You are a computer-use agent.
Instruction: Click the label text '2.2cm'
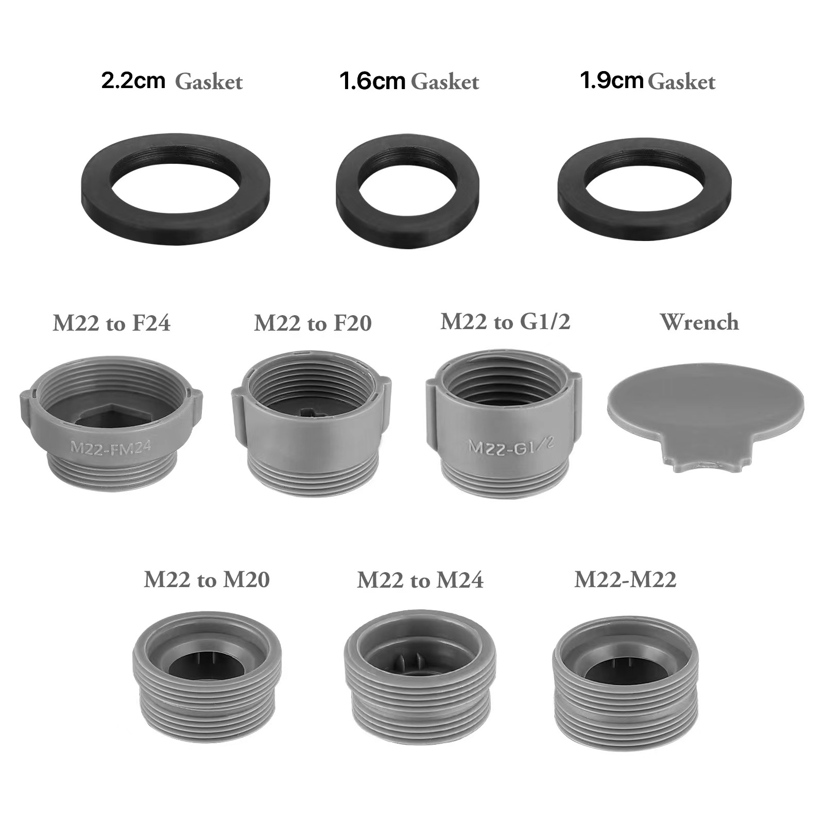tap(133, 81)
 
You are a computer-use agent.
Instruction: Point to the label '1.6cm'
tap(372, 81)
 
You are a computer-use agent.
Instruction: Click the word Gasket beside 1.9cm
tap(681, 82)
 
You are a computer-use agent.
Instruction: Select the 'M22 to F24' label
tap(111, 323)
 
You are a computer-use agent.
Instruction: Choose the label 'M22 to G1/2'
tap(505, 322)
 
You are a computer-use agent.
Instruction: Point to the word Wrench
tap(699, 322)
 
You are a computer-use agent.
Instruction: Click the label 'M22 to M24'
tap(420, 580)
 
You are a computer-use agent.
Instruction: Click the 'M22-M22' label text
tap(625, 580)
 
